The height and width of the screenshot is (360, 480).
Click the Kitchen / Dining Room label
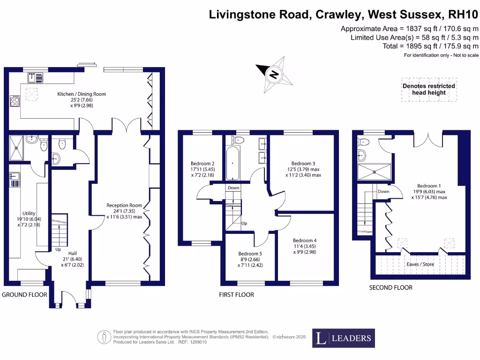(82, 94)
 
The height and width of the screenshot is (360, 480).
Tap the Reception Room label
(124, 205)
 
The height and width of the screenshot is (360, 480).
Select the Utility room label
(29, 213)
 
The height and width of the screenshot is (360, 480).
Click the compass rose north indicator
(274, 74)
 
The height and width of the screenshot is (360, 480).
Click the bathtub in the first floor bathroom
(233, 164)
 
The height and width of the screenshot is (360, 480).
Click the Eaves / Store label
(420, 264)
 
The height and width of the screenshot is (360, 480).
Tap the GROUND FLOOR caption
(25, 295)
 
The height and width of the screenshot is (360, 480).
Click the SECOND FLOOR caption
(390, 287)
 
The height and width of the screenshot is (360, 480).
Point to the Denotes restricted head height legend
(428, 89)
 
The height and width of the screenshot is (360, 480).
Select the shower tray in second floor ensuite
(374, 172)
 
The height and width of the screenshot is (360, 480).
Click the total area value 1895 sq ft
(410, 46)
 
